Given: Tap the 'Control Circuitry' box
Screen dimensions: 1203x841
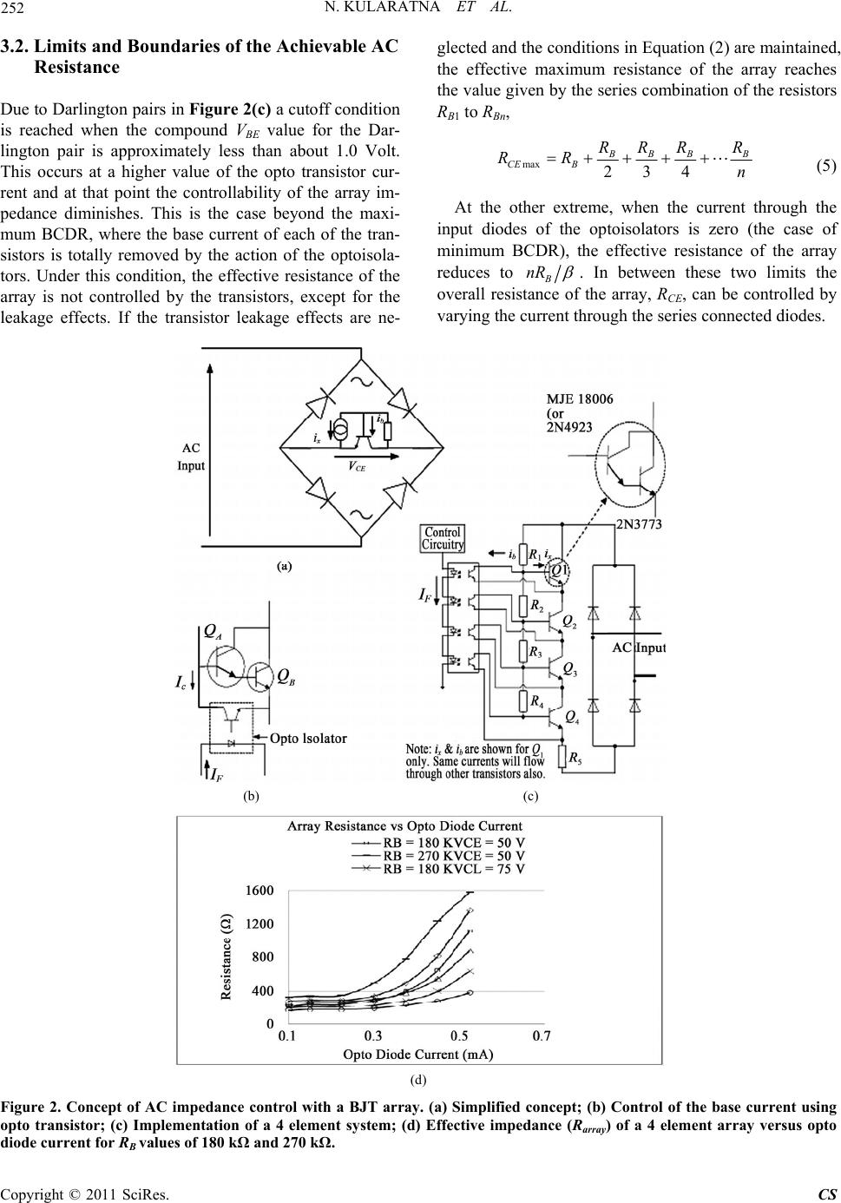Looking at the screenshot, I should click(x=443, y=538).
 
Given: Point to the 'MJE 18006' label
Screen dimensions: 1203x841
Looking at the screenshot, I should click(x=580, y=398).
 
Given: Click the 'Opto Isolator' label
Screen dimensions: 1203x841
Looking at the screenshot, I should click(x=308, y=739).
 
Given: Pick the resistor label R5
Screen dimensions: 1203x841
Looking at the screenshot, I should click(x=574, y=758).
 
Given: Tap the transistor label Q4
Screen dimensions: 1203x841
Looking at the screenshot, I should click(x=572, y=716).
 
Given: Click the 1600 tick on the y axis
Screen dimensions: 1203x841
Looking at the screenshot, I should click(x=260, y=891).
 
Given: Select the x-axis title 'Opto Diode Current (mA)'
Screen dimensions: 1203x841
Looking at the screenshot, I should click(x=418, y=1055).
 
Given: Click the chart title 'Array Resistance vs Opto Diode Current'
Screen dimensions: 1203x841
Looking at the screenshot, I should click(x=418, y=828).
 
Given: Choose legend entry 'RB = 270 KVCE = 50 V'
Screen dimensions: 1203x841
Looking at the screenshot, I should click(x=454, y=855).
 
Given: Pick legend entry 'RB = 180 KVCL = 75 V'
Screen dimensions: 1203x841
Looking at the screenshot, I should click(x=454, y=868).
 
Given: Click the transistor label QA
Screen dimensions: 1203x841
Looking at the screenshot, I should click(x=212, y=633).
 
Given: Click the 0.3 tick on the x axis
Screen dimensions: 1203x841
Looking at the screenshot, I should click(x=372, y=1035).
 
